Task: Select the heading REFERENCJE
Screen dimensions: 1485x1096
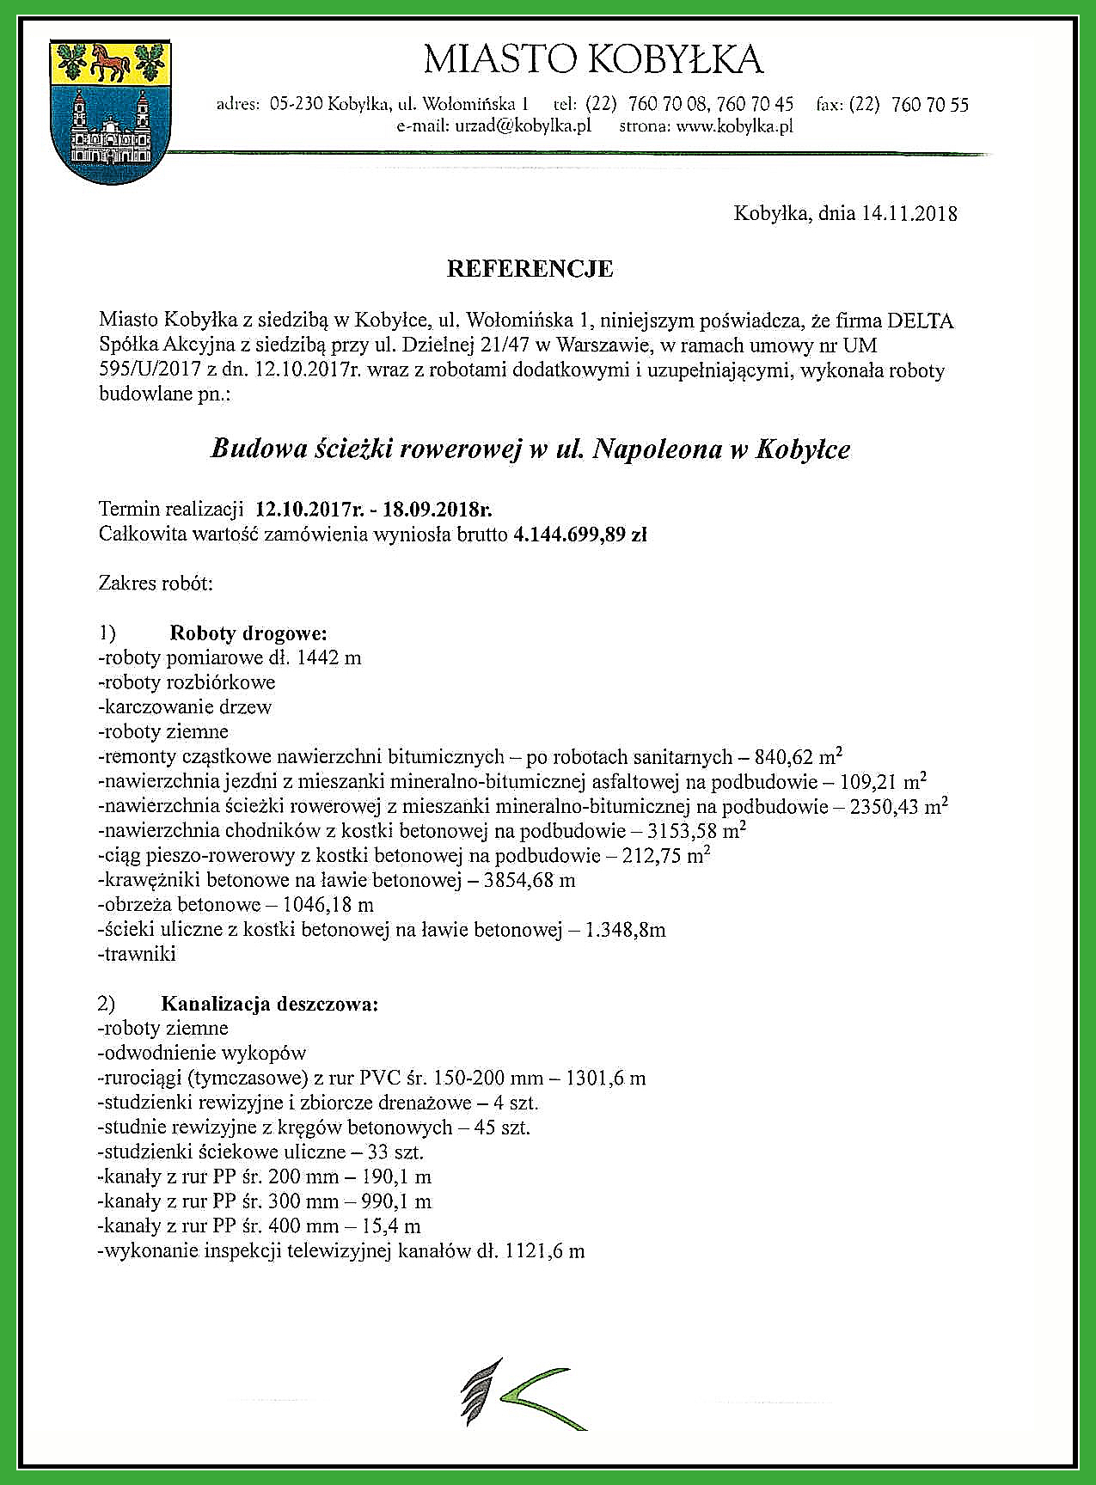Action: [x=530, y=269]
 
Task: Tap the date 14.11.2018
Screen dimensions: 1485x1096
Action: [x=909, y=213]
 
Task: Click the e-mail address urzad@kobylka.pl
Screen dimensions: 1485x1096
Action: [x=493, y=126]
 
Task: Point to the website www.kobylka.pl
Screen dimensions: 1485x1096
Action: [x=733, y=126]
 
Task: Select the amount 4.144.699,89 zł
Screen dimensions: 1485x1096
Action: [x=579, y=535]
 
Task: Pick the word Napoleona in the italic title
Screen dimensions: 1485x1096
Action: [x=658, y=449]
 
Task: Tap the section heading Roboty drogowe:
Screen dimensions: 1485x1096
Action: [x=248, y=634]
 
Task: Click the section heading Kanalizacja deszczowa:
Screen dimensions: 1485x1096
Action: [x=269, y=1004]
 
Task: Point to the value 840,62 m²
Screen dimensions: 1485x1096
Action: [x=798, y=757]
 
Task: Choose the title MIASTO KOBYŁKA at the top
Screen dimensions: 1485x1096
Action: [x=593, y=60]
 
